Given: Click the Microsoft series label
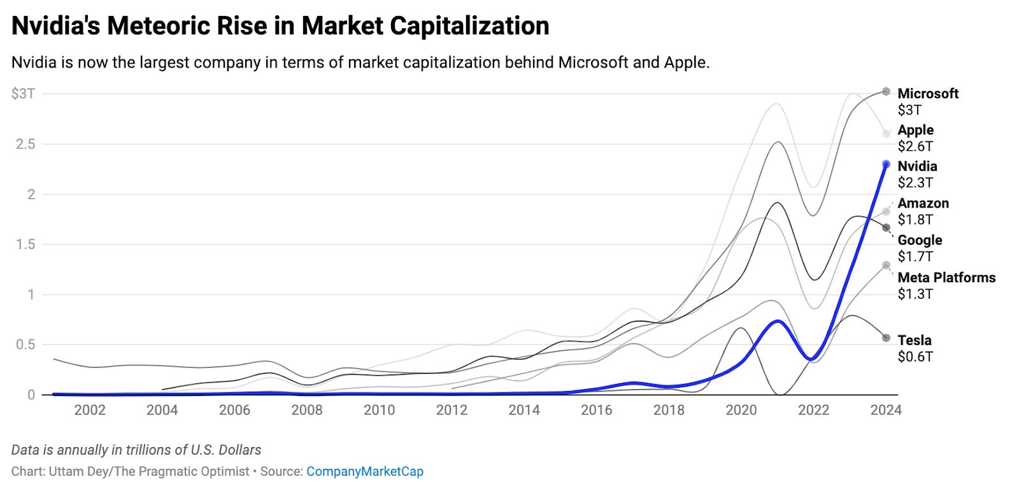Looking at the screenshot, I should coord(927,94).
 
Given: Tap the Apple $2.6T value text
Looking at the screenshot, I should coord(915,146).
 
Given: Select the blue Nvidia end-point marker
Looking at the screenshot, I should coord(886,164).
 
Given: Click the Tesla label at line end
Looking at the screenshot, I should coord(915,340).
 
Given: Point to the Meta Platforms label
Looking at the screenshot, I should coord(946,278).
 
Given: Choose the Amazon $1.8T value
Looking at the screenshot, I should coord(915,220).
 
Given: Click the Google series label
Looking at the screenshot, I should coord(920,240).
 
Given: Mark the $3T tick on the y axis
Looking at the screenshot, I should coord(23,94).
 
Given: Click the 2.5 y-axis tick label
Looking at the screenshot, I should coord(25,144).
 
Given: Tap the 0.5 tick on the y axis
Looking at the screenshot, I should coord(25,345).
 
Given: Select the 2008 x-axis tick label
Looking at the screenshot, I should coord(307,410).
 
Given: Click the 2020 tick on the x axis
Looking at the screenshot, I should coord(741,410).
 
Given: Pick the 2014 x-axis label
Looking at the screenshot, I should coord(524,410).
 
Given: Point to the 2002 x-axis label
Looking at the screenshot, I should coord(90,410).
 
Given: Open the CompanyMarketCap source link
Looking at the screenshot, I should coord(364,472).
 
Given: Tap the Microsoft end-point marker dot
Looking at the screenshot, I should coord(886,92).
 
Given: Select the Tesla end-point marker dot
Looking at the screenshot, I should coord(886,338).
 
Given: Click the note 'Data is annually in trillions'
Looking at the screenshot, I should coord(136,450).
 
